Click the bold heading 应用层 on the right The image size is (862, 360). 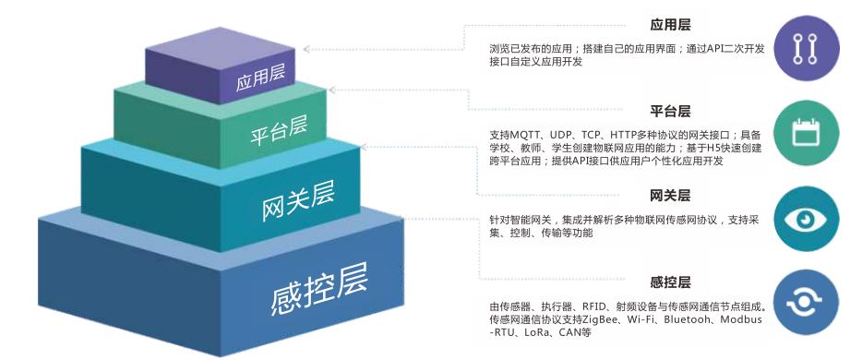pyautogui.click(x=671, y=26)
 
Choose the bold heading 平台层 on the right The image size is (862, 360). pyautogui.click(x=671, y=112)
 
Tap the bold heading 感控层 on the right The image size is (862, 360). pyautogui.click(x=671, y=281)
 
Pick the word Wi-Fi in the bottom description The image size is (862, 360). pyautogui.click(x=652, y=319)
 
